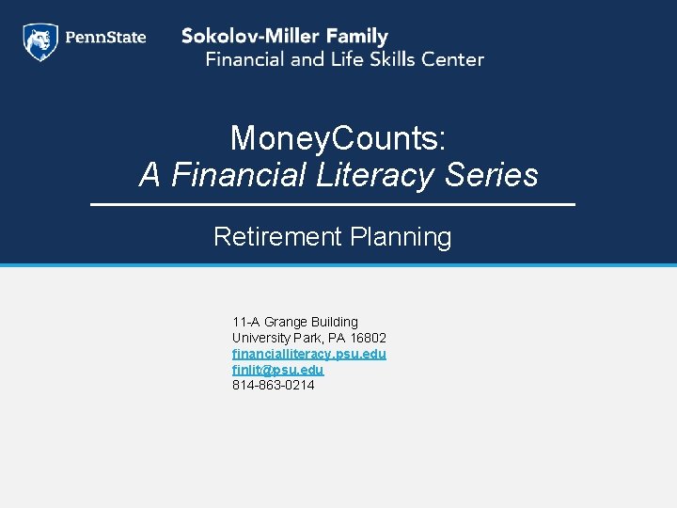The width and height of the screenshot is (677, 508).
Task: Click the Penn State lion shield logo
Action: pos(40,42)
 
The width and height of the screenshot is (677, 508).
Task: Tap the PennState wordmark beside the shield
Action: pos(105,39)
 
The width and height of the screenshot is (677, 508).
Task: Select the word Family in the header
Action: pos(352,38)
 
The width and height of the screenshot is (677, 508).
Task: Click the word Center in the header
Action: pos(453,59)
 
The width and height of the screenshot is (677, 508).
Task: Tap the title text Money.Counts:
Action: pos(338,139)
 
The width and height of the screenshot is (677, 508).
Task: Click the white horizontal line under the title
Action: pos(332,204)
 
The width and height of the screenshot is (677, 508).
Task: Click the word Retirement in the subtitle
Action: pos(277,237)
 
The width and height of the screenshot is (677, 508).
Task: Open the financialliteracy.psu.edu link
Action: pos(308,354)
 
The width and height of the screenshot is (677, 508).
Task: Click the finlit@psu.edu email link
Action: pos(277,370)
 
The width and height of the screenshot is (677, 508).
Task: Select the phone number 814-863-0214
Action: pos(274,385)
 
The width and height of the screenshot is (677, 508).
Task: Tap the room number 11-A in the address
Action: pos(245,322)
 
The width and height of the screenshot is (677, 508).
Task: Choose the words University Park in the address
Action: pos(276,338)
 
